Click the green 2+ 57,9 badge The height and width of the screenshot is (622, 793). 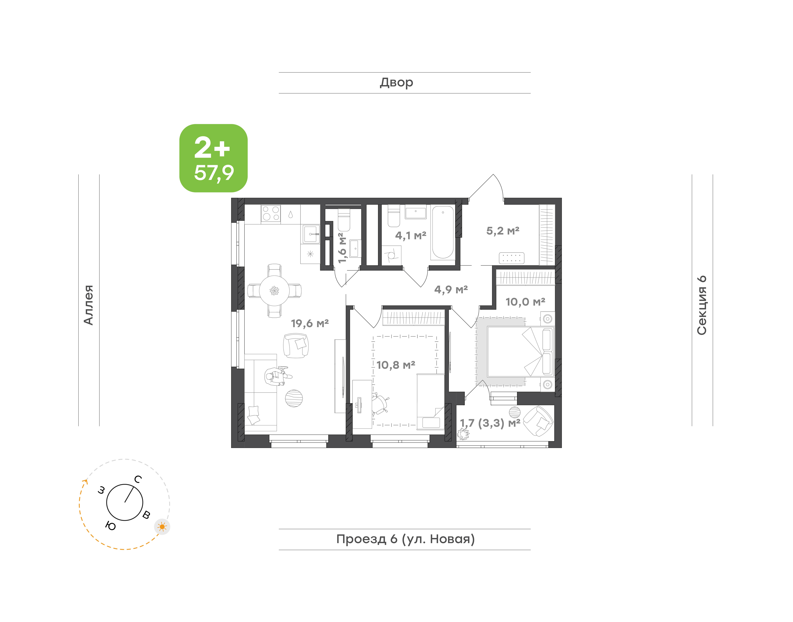tap(213, 158)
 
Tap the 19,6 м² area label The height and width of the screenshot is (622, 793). tap(310, 323)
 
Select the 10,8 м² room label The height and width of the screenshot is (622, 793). tap(396, 365)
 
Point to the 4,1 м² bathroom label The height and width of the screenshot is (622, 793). tap(411, 236)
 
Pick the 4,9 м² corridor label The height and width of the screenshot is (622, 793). tap(451, 289)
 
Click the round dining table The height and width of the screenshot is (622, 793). tap(274, 291)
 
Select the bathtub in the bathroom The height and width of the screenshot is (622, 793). tap(443, 232)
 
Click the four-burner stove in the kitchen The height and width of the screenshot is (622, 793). tap(271, 214)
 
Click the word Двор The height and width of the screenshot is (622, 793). tap(396, 83)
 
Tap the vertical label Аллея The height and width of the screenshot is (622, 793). tap(89, 305)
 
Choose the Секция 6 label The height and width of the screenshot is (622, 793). tap(702, 305)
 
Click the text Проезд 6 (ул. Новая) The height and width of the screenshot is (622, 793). tap(405, 539)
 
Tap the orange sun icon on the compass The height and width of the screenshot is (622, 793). tap(162, 527)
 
